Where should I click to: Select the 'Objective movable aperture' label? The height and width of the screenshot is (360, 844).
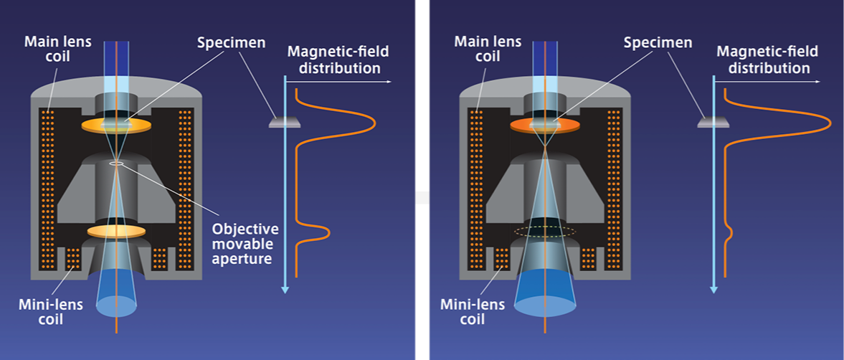tap(245, 243)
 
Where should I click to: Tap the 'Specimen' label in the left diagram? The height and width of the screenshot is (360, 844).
tap(232, 42)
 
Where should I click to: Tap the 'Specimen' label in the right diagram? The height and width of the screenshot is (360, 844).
tap(658, 42)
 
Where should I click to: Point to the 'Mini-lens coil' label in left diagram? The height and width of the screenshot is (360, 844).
tap(51, 311)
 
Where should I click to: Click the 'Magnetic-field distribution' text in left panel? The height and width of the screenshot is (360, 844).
tap(333, 60)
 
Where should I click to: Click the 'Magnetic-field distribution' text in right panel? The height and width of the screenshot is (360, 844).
tap(763, 60)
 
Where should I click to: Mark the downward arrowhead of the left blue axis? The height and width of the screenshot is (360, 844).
tap(285, 289)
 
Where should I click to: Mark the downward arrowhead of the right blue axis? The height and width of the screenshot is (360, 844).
tap(713, 289)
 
